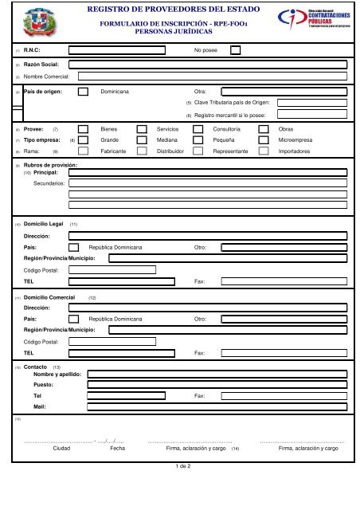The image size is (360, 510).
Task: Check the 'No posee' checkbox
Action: point(235,49)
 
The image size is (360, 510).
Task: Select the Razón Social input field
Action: point(208,63)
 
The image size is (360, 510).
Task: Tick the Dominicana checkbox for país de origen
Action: point(84,92)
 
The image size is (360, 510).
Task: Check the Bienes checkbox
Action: point(84,127)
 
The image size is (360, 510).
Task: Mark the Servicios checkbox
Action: point(141,127)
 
